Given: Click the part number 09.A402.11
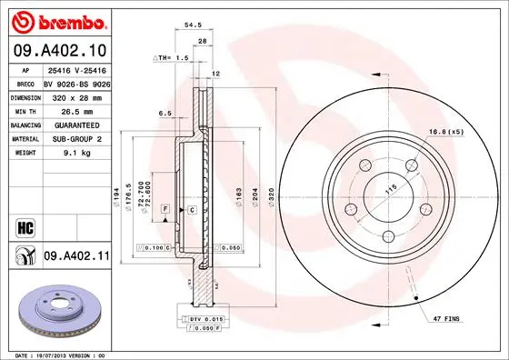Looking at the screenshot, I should click(x=76, y=257).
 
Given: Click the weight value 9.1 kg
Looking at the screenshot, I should click(x=75, y=153).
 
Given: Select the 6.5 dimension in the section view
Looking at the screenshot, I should click(x=166, y=114).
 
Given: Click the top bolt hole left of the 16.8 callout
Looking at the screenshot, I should click(x=411, y=165).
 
